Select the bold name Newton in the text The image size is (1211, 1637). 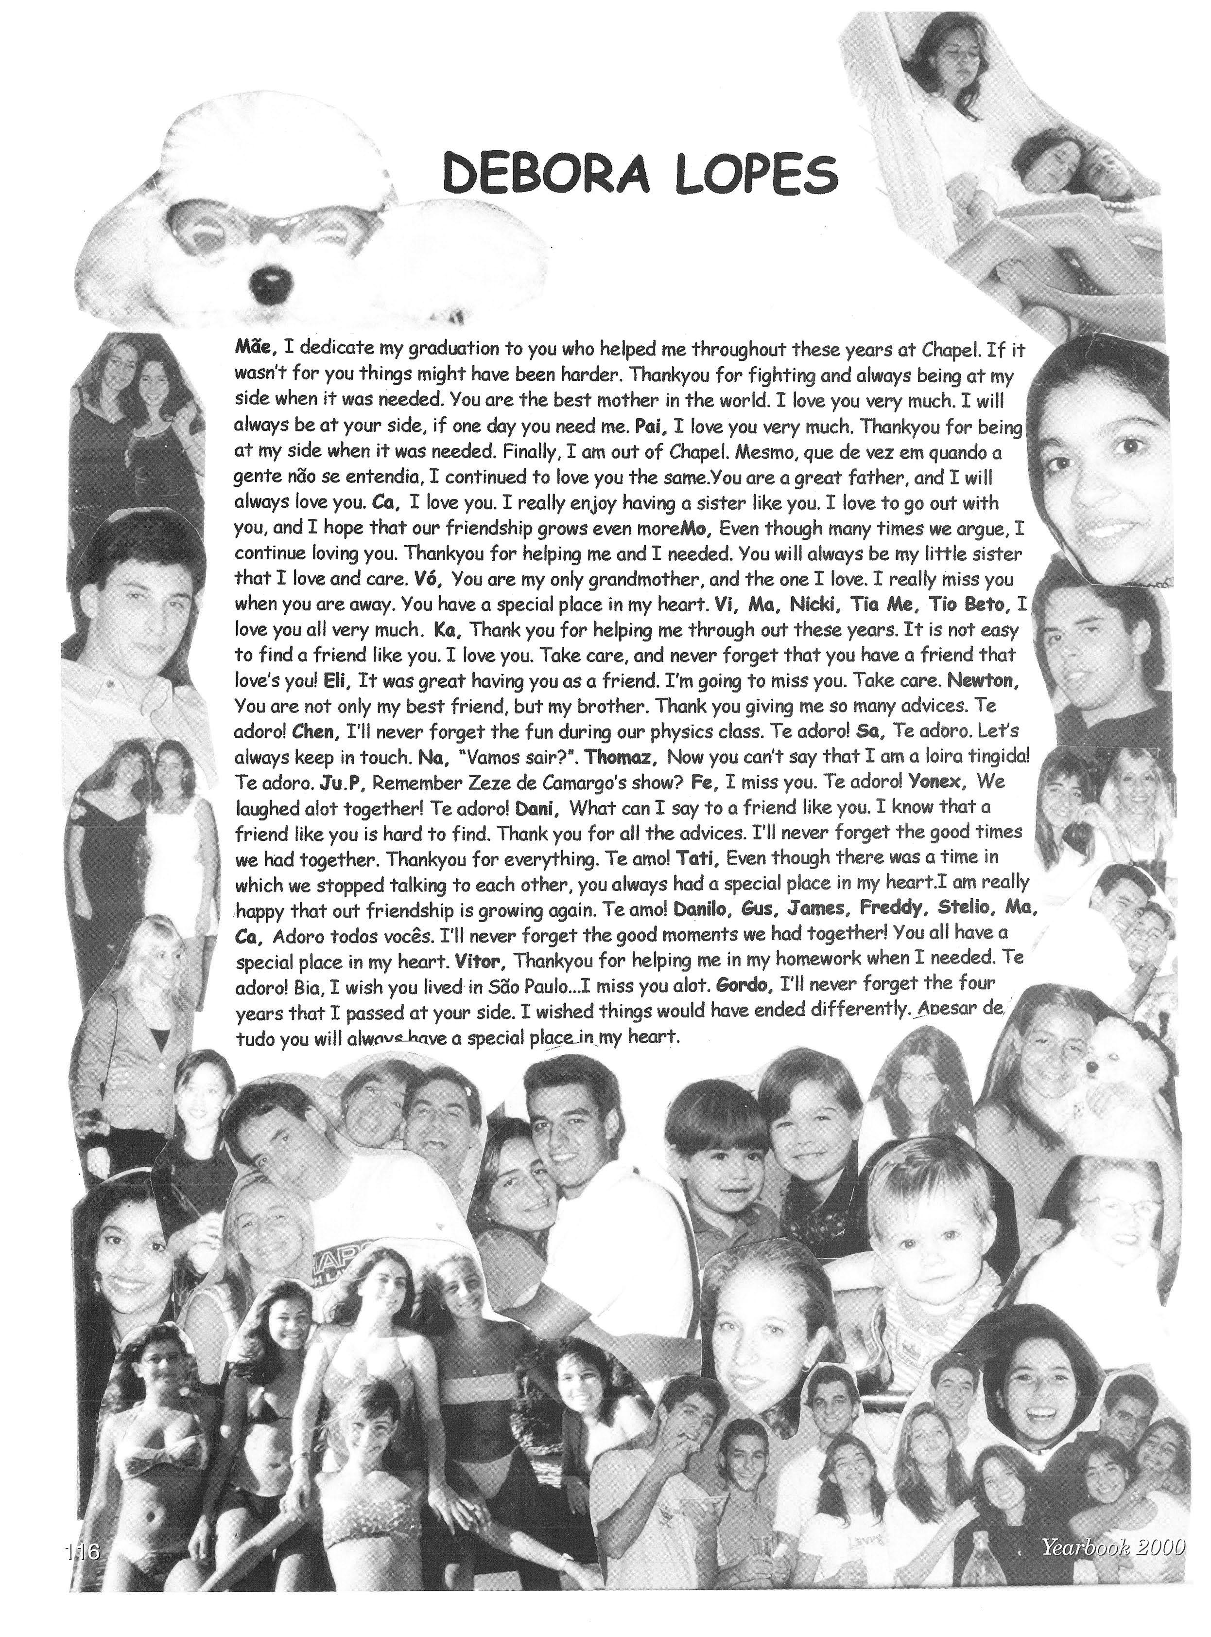(982, 680)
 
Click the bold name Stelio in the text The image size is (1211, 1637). (966, 908)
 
